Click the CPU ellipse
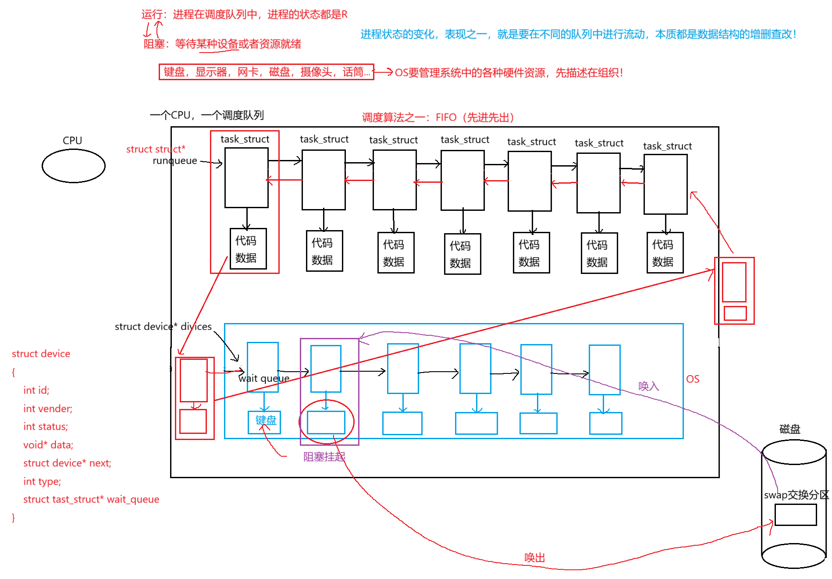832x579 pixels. (73, 166)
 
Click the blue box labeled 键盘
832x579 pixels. (264, 422)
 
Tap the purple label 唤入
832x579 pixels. (648, 386)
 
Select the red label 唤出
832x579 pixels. (534, 558)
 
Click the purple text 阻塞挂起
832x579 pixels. (324, 457)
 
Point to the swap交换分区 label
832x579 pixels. (796, 495)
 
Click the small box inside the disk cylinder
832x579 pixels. (795, 515)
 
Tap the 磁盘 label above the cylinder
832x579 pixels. (789, 429)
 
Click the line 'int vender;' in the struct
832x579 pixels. (48, 408)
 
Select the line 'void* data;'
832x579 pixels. (48, 445)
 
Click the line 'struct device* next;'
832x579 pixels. (67, 463)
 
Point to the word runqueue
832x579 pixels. (175, 161)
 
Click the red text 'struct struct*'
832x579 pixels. (156, 149)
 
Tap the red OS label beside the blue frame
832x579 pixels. (693, 379)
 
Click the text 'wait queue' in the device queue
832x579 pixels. (264, 378)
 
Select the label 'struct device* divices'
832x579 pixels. (163, 327)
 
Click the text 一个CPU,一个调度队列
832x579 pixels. (206, 115)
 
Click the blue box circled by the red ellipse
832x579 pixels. (326, 422)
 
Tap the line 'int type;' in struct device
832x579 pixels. (42, 481)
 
